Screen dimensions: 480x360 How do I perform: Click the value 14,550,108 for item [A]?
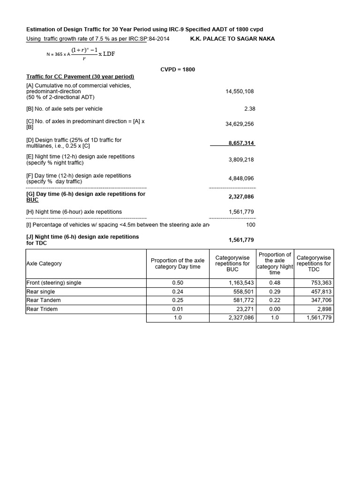point(240,91)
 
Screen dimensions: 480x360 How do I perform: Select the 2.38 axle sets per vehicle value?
point(250,109)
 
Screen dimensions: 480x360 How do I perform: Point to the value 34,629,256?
point(240,124)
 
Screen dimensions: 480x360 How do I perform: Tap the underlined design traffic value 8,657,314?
point(241,143)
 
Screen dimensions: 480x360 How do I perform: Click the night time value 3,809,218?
point(241,160)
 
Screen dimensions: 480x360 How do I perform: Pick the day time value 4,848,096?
point(241,179)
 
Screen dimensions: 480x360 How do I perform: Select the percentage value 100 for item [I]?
point(250,225)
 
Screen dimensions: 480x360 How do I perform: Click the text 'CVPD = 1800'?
point(178,69)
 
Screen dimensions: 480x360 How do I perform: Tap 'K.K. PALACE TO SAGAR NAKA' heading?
point(232,39)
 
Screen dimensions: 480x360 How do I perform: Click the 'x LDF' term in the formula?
point(106,54)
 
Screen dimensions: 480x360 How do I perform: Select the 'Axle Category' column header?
point(44,263)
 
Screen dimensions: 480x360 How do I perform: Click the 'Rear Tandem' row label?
point(44,300)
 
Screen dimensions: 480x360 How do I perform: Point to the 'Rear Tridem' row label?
point(43,309)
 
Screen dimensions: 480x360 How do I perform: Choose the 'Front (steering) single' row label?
point(54,283)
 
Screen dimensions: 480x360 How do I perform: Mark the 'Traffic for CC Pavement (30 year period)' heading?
point(80,76)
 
